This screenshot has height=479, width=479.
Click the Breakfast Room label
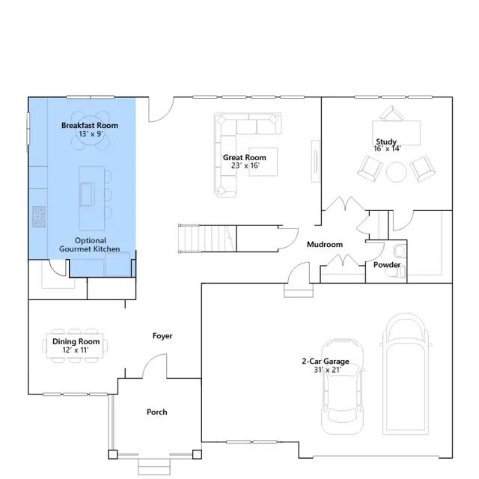tap(90, 125)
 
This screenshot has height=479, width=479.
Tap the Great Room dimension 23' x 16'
tap(245, 165)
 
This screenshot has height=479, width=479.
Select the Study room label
tap(386, 141)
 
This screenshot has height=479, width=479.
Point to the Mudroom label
tap(325, 245)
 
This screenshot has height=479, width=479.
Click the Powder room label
tap(387, 264)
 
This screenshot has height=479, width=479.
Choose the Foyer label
tap(162, 336)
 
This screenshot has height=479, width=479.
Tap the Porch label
tap(157, 412)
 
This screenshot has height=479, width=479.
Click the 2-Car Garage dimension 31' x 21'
tap(327, 370)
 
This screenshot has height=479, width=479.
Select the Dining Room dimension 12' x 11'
tap(76, 350)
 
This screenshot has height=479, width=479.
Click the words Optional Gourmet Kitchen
tap(90, 245)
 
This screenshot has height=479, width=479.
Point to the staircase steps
tap(207, 239)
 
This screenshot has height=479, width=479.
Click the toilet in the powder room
tap(400, 251)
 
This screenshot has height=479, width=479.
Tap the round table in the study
tap(396, 172)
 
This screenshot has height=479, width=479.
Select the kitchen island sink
tap(87, 195)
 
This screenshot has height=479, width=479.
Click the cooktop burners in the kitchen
tap(39, 216)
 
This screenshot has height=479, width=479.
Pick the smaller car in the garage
tap(343, 386)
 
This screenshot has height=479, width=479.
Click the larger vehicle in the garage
tap(406, 373)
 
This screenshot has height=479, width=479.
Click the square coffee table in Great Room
tap(263, 162)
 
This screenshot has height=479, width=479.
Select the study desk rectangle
tap(396, 133)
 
